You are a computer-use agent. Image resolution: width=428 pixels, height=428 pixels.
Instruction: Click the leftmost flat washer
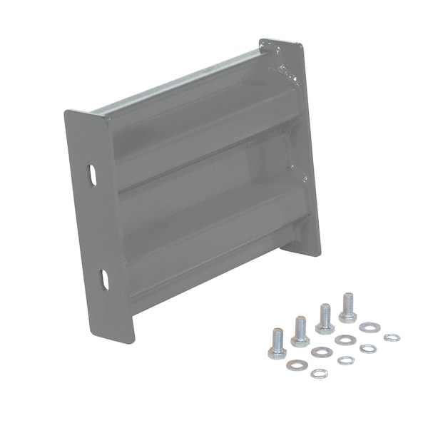tap(297, 365)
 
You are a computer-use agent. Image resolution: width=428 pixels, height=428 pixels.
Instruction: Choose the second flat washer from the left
tap(322, 352)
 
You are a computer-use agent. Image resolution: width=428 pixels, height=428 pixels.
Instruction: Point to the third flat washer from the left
tap(345, 340)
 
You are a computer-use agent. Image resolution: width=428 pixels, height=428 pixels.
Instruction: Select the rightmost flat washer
tap(370, 327)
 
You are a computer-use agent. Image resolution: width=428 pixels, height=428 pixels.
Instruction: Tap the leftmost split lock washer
tap(320, 373)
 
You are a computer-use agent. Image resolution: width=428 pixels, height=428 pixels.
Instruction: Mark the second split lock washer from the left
tap(345, 361)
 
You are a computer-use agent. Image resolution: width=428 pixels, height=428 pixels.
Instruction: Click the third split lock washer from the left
tap(368, 349)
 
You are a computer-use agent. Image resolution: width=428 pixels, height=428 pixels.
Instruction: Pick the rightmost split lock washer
tap(392, 337)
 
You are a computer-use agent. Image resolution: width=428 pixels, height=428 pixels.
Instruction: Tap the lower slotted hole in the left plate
tap(104, 280)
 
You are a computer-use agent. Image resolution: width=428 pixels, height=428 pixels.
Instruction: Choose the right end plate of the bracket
tap(303, 143)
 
